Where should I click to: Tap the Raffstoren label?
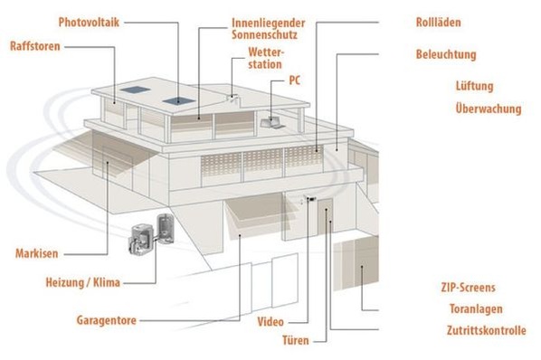pos(36,45)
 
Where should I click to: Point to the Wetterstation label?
pos(264,59)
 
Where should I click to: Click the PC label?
pos(295,80)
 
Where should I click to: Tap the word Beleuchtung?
pos(446,54)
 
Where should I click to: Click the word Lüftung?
pos(474,87)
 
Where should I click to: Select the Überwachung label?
pos(489,109)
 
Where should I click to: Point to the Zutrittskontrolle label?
pos(485,331)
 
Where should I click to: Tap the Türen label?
pos(295,341)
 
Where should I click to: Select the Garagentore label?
pos(108,320)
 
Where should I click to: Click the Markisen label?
pos(37,252)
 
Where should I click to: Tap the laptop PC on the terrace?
pos(270,120)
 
